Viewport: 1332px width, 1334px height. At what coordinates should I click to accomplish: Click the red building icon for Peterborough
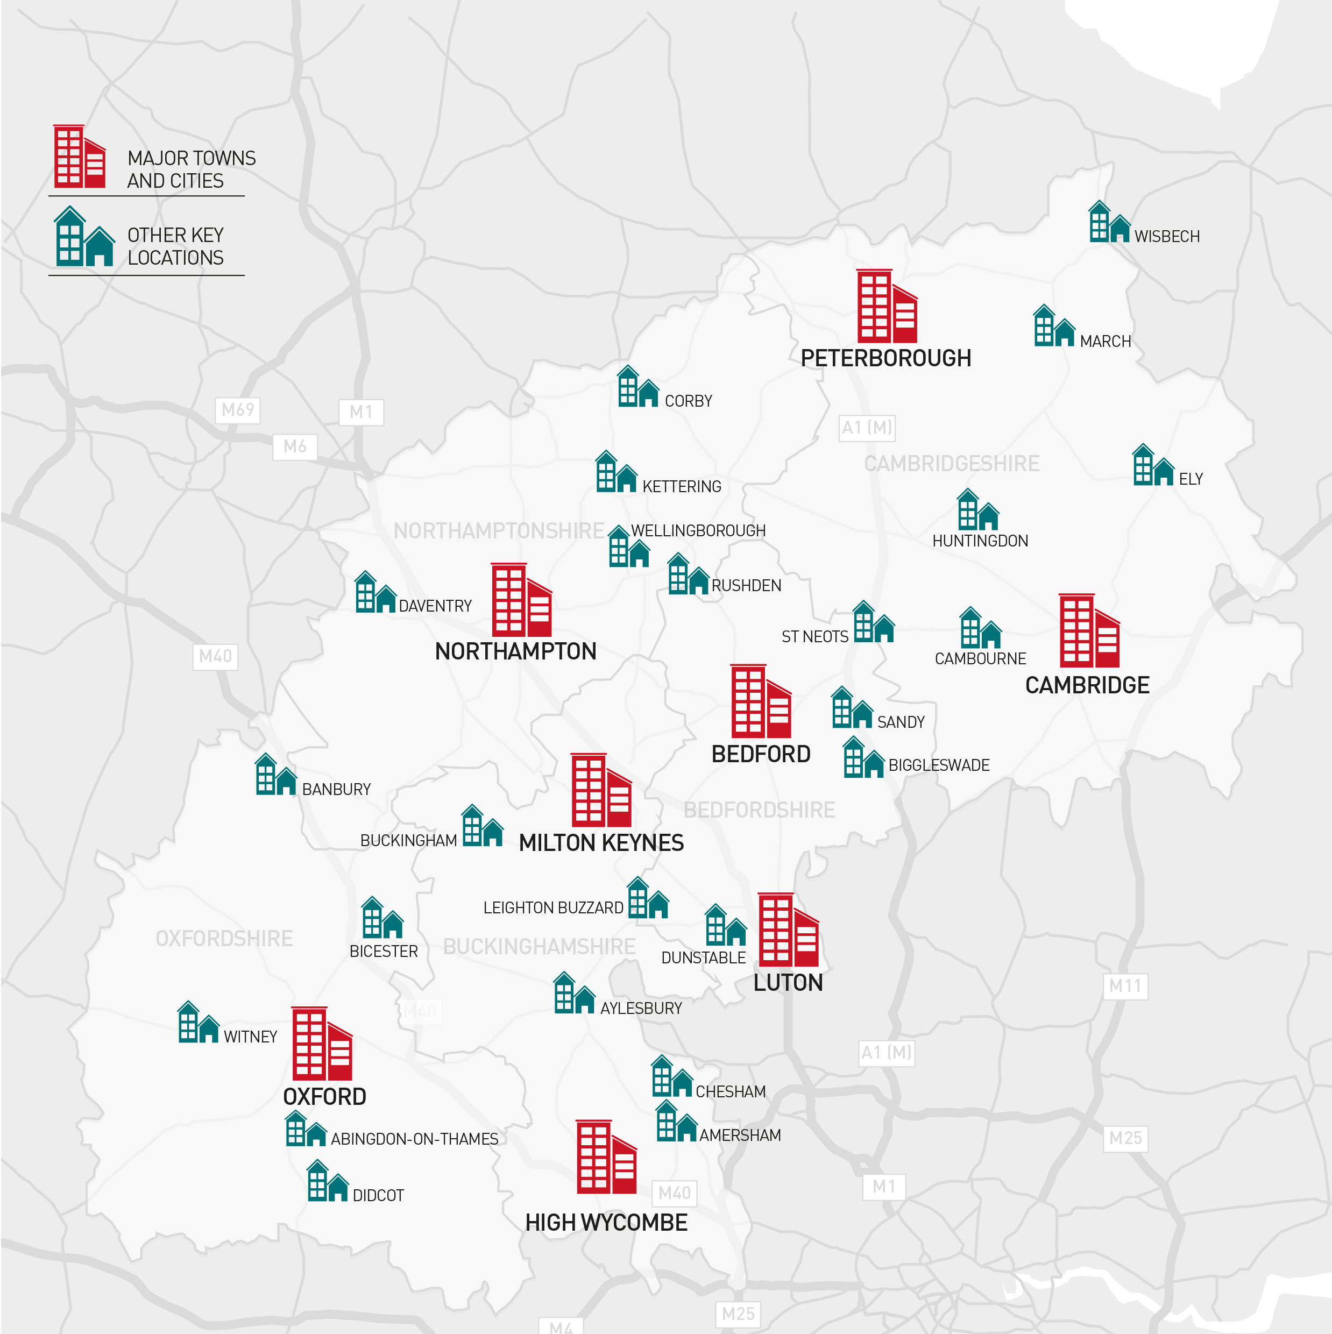(887, 306)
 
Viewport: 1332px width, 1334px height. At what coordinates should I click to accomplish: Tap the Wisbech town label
(1166, 236)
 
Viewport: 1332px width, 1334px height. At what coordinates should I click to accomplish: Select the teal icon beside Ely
(1152, 465)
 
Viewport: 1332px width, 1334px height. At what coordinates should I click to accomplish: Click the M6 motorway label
(295, 447)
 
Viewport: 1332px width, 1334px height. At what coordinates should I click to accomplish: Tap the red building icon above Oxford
(322, 1044)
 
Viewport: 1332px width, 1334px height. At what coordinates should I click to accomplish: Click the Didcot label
(378, 1196)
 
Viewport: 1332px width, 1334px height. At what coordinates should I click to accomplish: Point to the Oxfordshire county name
(224, 938)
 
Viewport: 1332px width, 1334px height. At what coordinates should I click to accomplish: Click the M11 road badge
(1125, 986)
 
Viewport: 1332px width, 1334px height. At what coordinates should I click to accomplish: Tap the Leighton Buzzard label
(553, 908)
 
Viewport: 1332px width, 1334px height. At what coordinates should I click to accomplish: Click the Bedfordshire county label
(759, 810)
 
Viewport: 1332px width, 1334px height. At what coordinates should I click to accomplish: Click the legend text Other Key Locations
(175, 246)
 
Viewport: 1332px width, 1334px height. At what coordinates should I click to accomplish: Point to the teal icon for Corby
(637, 387)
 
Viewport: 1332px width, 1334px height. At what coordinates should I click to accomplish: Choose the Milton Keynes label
(601, 843)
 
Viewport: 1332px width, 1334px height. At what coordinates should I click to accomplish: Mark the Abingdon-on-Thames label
(414, 1139)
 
